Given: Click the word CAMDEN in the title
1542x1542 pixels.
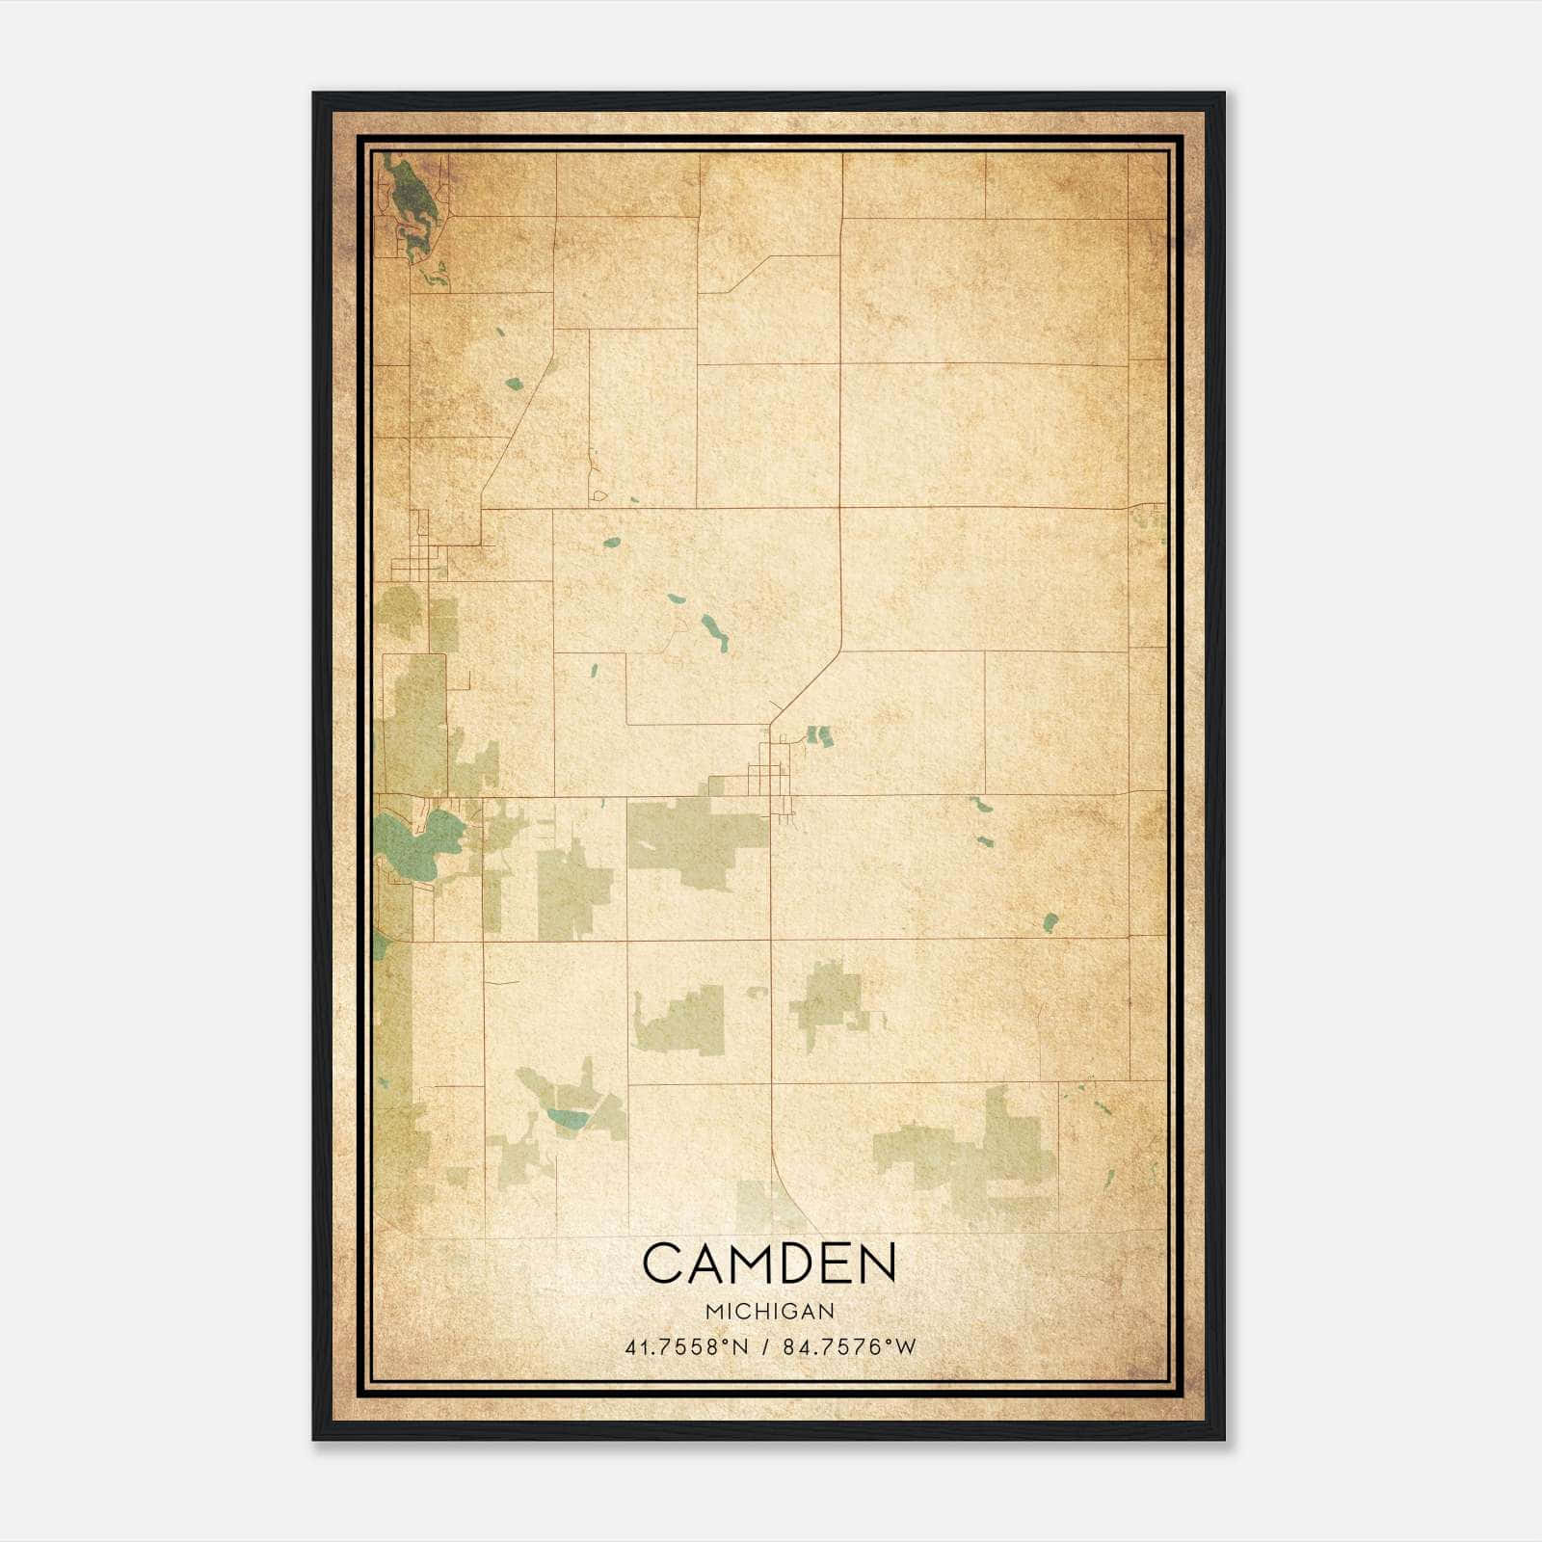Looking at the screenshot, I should click(x=769, y=1263).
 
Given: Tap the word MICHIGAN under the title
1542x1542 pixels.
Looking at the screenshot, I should click(x=770, y=1312).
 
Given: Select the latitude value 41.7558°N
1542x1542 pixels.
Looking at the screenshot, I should click(x=686, y=1346).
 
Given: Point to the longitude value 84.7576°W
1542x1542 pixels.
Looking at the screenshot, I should click(x=849, y=1346).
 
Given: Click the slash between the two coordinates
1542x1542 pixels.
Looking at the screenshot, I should click(x=766, y=1346).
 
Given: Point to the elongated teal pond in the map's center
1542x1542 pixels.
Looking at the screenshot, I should click(x=714, y=632).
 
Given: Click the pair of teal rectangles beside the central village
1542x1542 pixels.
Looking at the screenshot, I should click(x=818, y=736).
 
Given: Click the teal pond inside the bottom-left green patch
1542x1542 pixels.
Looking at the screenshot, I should click(x=567, y=1118).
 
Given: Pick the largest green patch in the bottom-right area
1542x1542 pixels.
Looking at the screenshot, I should click(x=973, y=1152).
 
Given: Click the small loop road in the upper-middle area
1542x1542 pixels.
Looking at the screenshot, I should click(x=599, y=495).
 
